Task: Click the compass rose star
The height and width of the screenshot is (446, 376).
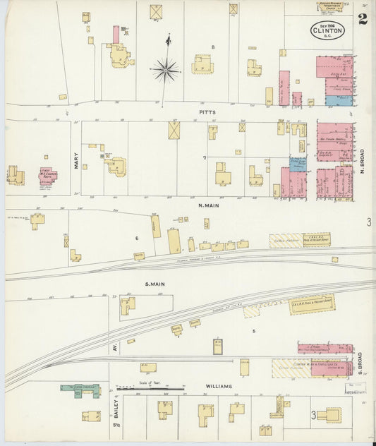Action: point(164,70)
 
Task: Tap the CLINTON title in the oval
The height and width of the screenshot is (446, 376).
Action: point(328,30)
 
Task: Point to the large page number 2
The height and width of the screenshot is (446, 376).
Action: point(362,18)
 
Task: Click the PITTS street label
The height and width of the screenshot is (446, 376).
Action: point(207,111)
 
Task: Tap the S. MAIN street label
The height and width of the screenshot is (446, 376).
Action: point(154,284)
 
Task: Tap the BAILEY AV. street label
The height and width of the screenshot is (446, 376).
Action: point(113,406)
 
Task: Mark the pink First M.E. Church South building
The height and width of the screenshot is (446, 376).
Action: point(49,175)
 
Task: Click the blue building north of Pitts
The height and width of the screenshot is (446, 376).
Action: point(339,101)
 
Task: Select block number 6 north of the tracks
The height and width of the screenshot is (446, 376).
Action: point(136,238)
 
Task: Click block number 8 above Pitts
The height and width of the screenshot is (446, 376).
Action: point(212,47)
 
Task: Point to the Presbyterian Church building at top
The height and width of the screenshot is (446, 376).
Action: point(329,6)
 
